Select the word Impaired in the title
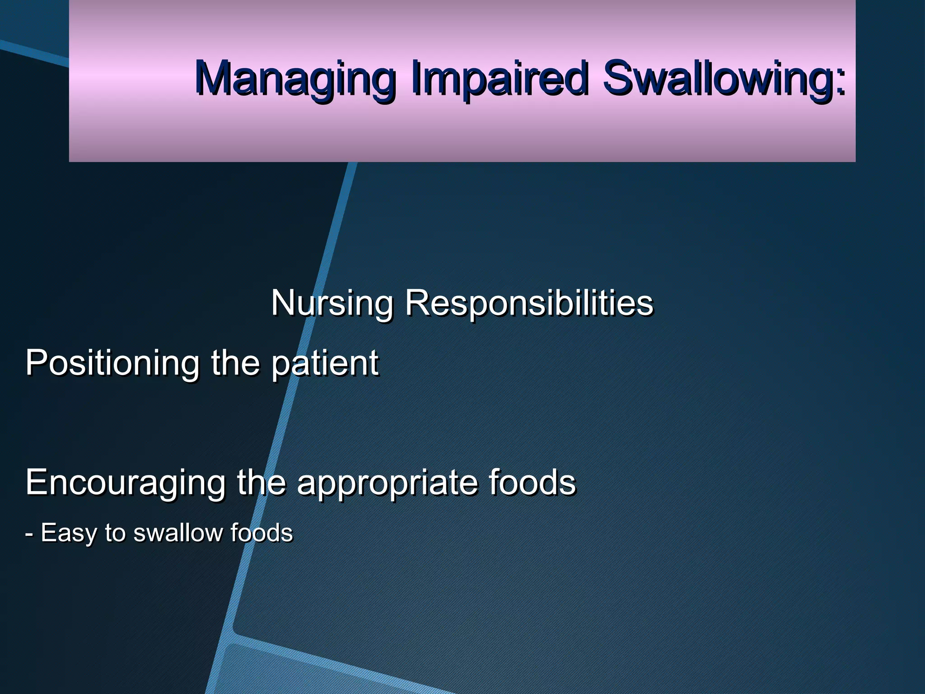[x=499, y=79]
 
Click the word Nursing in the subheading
[x=332, y=303]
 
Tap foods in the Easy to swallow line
[x=262, y=533]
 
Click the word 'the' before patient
[x=235, y=362]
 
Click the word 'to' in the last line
[x=115, y=533]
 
